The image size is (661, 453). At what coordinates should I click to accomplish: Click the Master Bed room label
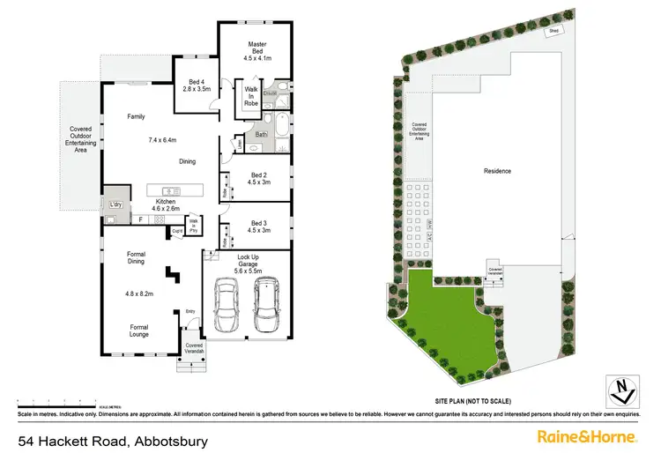point(256,46)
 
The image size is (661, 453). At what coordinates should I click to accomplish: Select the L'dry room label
point(115,205)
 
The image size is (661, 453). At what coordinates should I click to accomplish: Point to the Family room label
point(136,116)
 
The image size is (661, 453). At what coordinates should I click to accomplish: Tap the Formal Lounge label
point(137,331)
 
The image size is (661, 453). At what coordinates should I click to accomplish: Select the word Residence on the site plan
point(498,170)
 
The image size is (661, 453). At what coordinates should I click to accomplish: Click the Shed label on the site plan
point(553,30)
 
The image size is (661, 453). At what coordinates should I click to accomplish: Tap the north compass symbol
point(622,388)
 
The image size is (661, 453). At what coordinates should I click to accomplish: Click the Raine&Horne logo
point(588,436)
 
